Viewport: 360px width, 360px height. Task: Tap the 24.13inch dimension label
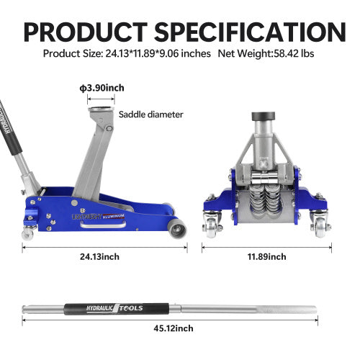coord(104,256)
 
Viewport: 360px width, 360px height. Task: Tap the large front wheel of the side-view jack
coord(176,230)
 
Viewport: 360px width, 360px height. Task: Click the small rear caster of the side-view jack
coord(27,233)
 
